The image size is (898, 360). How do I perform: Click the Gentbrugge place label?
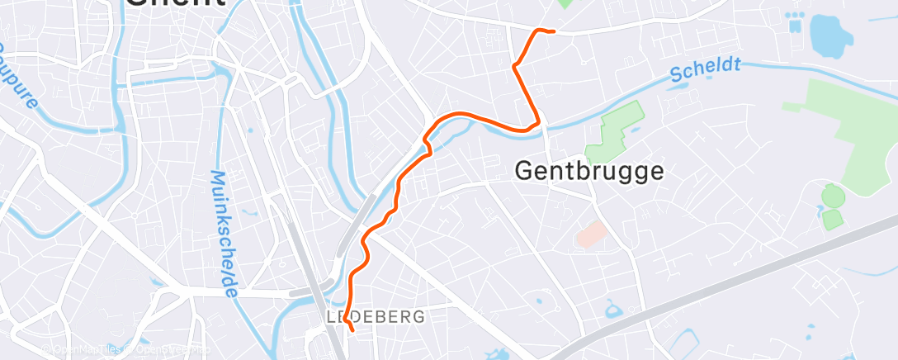point(589,171)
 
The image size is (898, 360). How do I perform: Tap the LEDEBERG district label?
point(376,316)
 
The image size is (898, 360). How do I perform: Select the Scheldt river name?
point(705,69)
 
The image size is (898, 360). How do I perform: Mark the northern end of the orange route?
point(552,31)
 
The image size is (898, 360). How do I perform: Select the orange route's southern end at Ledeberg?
point(352,330)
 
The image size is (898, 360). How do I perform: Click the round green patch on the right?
point(833,197)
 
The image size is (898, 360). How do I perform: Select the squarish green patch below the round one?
point(832,219)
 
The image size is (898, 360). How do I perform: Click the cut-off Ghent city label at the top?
point(175,4)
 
